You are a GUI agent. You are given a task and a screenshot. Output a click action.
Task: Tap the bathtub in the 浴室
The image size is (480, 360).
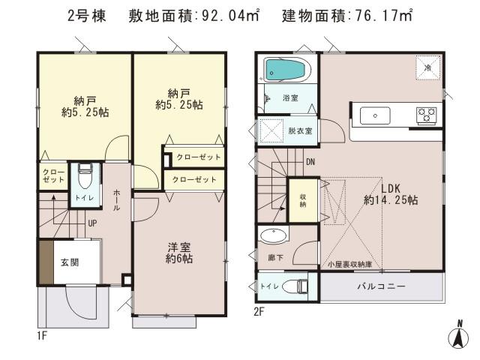tap(284, 71)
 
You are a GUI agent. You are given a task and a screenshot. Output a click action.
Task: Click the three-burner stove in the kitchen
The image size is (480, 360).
tap(427, 115)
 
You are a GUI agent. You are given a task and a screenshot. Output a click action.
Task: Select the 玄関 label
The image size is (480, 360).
tap(70, 262)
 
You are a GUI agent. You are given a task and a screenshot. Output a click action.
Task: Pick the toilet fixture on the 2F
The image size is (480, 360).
tap(300, 286)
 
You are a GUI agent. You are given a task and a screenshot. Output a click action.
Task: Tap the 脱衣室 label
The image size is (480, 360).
tap(300, 130)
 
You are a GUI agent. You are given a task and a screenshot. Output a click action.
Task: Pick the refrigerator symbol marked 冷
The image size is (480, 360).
tap(427, 66)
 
